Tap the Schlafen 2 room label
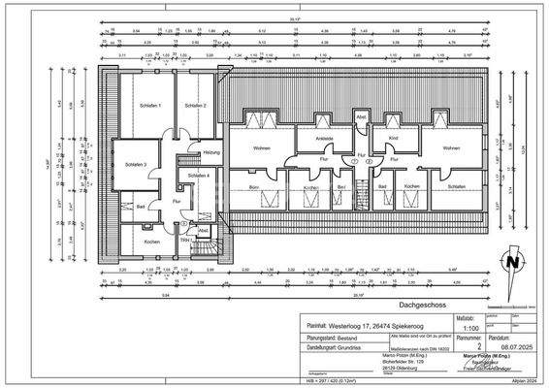195,105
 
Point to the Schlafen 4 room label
199,175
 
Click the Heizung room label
211,153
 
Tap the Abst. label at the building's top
361,117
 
